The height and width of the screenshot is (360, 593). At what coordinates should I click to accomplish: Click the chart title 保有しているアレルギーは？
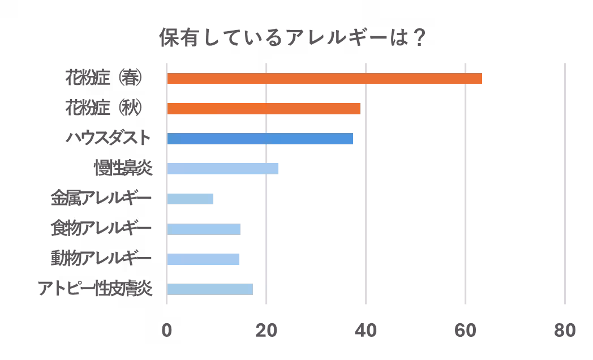click(293, 39)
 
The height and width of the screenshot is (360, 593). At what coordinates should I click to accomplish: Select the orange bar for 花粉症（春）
click(324, 79)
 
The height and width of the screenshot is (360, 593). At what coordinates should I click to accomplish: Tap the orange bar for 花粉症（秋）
click(264, 109)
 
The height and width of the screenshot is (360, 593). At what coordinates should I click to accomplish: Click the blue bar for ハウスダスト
click(260, 139)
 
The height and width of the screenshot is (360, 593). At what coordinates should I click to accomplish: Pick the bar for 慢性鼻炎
click(222, 169)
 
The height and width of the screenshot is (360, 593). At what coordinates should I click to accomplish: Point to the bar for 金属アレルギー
click(190, 199)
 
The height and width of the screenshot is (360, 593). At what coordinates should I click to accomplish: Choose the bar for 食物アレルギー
click(204, 229)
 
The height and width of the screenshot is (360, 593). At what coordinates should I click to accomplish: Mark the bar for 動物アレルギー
click(203, 259)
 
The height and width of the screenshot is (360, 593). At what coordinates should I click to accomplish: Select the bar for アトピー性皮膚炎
click(210, 289)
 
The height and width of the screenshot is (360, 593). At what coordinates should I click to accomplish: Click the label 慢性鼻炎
click(123, 168)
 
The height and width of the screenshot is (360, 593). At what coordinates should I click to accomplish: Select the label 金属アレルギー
click(101, 199)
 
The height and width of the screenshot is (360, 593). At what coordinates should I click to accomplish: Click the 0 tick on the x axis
click(167, 331)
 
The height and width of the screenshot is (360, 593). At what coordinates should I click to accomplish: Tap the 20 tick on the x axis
click(267, 331)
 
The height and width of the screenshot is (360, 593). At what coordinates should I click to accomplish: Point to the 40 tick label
click(366, 331)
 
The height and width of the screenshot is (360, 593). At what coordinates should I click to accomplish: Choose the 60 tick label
click(466, 331)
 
